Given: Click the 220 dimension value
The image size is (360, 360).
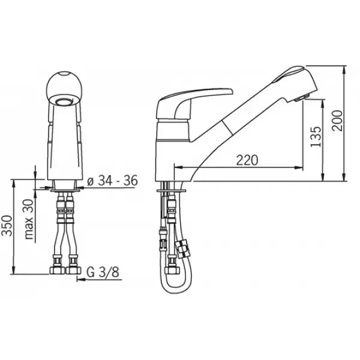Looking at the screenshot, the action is coord(247,160).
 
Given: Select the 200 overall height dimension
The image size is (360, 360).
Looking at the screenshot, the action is coord(337,121).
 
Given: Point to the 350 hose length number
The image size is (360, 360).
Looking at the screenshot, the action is coord(7,226).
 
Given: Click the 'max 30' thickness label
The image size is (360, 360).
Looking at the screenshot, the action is coord(29,219).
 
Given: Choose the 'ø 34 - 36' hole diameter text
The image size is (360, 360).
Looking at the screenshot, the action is coord(113,181).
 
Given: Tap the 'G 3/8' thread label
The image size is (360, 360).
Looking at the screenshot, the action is coord(103,272).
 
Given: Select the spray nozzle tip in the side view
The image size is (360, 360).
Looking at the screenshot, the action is coord(301,98).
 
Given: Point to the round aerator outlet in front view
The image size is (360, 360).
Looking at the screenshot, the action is coord(64,101).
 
